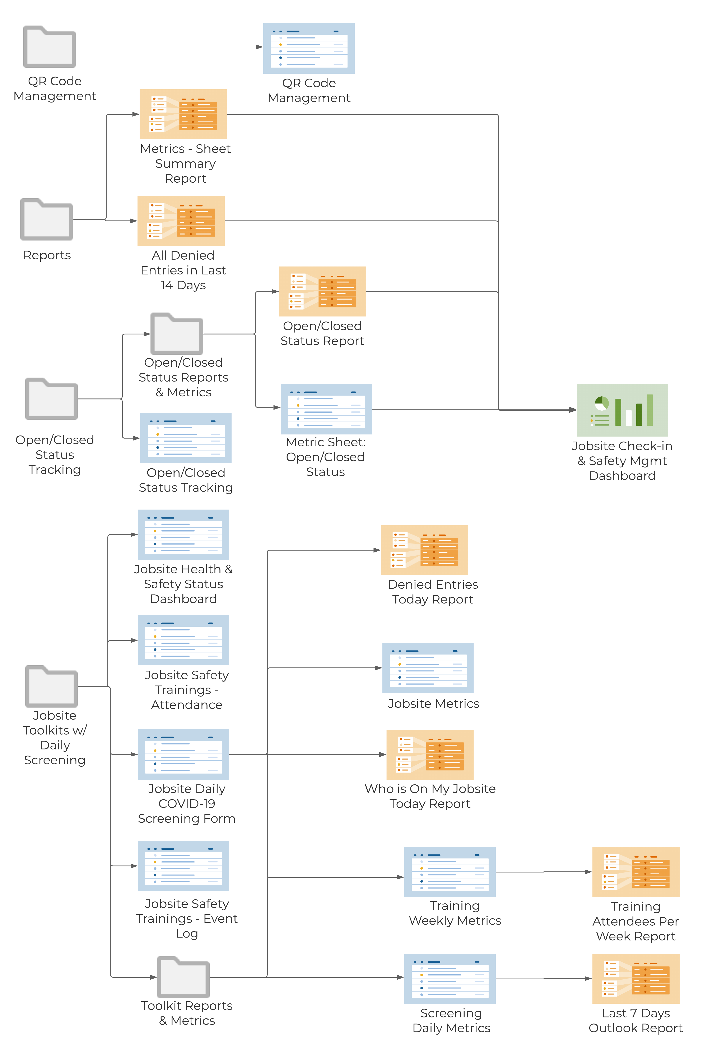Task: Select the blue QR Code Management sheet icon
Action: [308, 49]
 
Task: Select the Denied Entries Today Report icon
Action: [424, 550]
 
